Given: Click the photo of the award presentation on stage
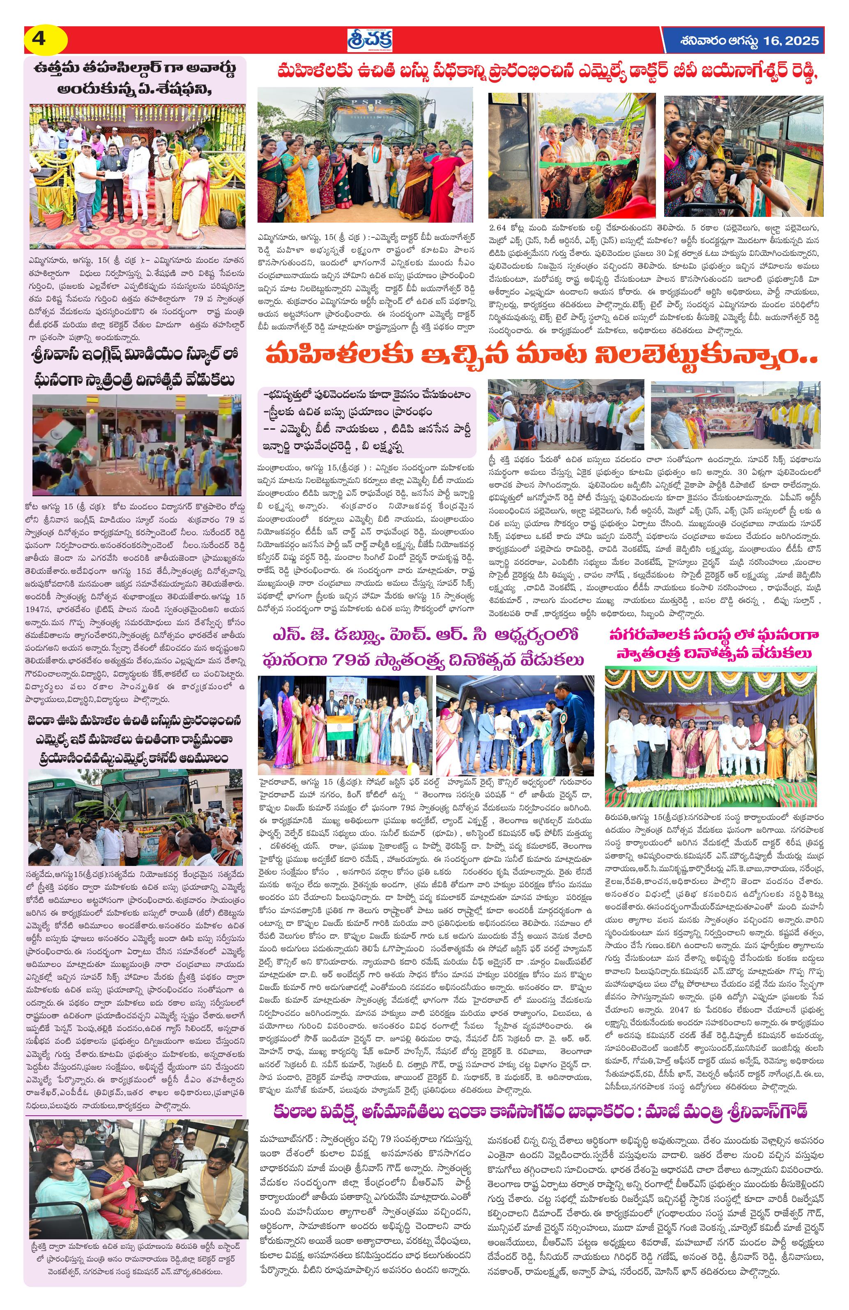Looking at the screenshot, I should point(137,177).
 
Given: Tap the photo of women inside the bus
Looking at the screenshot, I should point(743,157).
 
